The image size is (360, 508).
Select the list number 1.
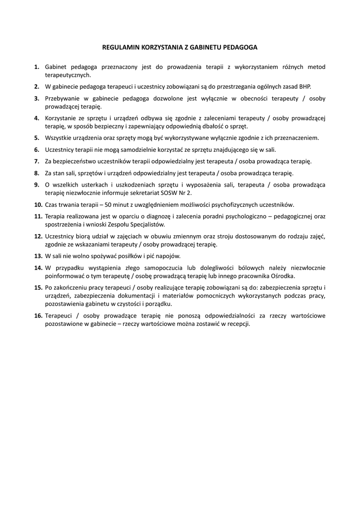(x=37, y=66)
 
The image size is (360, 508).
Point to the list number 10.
(x=38, y=204)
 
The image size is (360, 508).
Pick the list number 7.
(x=37, y=161)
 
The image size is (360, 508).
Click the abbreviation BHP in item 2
(x=303, y=86)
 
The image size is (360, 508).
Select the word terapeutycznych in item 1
(x=68, y=75)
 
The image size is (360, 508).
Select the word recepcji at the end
(x=238, y=324)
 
